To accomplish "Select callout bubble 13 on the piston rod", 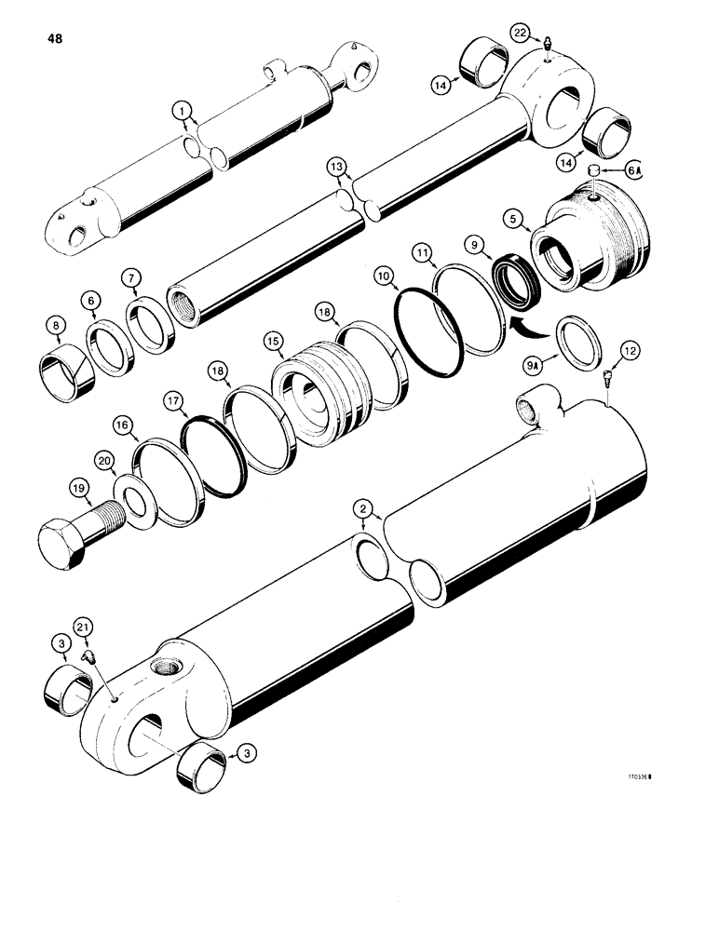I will coord(336,168).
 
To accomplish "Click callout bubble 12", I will coord(631,351).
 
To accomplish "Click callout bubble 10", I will coord(383,277).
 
